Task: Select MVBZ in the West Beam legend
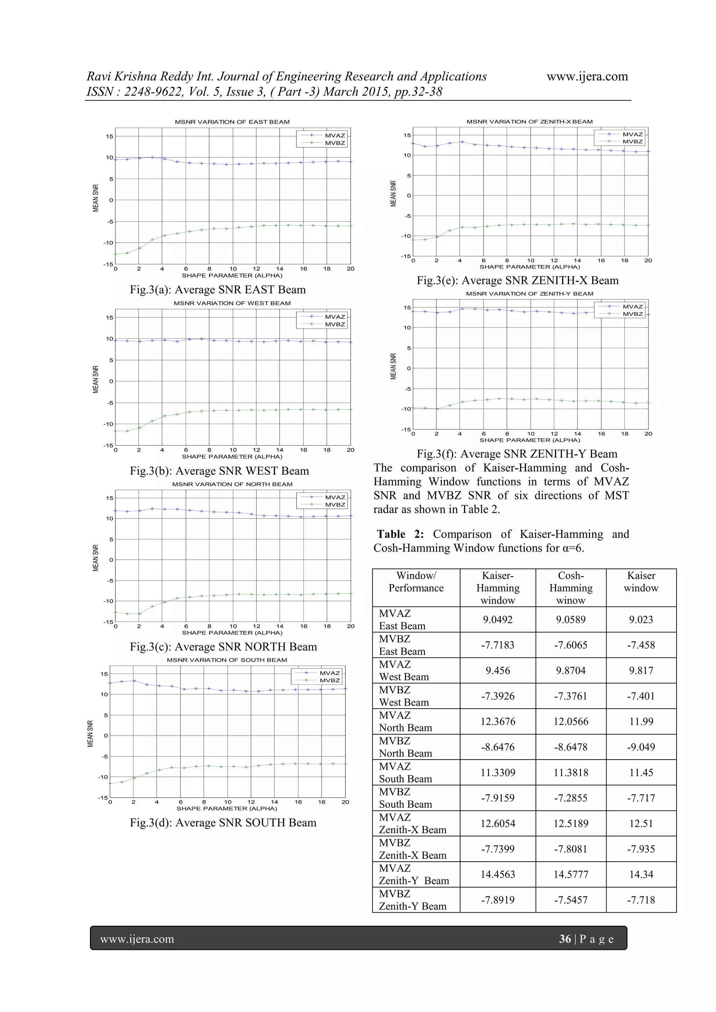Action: coord(335,324)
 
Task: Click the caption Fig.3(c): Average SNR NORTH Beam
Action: coord(223,647)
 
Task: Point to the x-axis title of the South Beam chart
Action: coord(227,808)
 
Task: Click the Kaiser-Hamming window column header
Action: coord(498,588)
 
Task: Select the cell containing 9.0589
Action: coord(571,619)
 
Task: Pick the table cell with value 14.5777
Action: coord(571,875)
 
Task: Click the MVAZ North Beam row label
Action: coord(405,721)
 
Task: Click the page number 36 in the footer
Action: coord(565,939)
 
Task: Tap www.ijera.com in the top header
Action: coord(587,76)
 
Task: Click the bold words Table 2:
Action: coord(400,534)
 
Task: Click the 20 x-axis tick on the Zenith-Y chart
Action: coord(648,434)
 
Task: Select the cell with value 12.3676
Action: coord(498,721)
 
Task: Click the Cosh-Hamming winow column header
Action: coord(571,588)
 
